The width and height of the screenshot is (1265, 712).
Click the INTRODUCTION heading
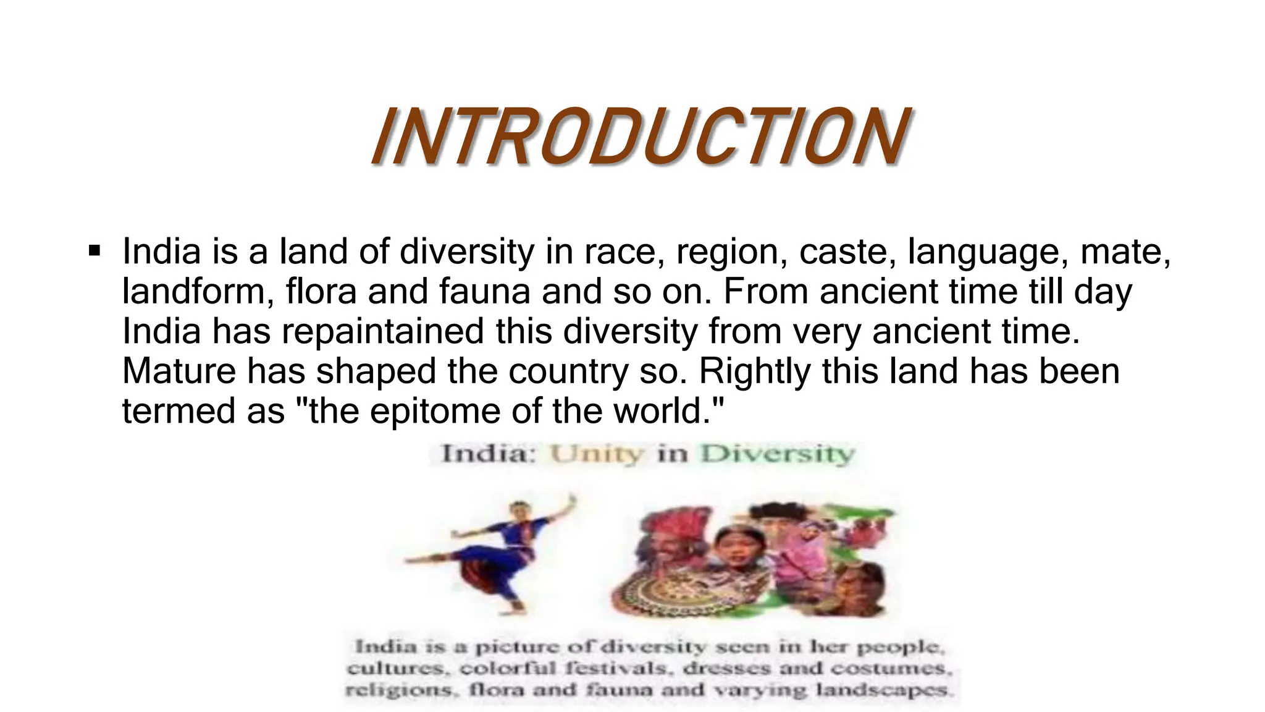point(639,137)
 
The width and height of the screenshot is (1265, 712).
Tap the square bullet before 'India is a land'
point(95,251)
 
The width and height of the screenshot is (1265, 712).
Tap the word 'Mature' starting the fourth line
point(179,371)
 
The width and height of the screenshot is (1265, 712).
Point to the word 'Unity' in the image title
point(597,454)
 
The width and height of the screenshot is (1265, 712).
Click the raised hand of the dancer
point(574,499)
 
